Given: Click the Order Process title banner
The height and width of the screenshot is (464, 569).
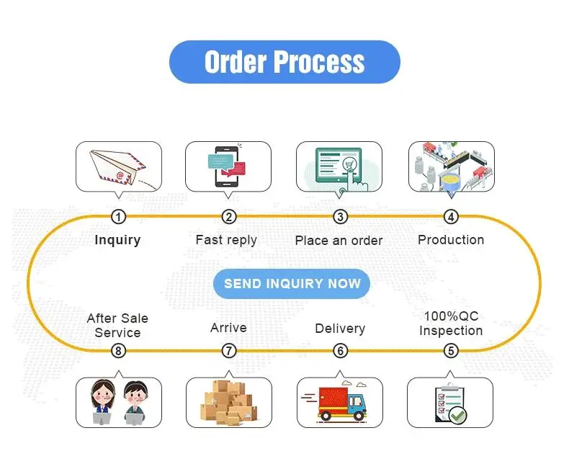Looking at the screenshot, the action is [284, 62].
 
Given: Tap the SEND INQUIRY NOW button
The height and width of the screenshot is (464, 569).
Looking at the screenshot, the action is [292, 283].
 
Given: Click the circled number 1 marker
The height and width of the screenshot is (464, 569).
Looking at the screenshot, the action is [119, 217].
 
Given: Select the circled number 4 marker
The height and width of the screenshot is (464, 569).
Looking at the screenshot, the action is [451, 217].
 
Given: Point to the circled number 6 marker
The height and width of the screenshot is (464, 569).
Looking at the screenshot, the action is [341, 351].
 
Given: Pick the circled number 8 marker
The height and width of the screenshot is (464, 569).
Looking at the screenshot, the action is [119, 351].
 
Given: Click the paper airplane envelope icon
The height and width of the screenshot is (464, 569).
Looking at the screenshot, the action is [119, 166].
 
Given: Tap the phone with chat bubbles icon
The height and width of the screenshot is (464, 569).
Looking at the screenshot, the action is [228, 166].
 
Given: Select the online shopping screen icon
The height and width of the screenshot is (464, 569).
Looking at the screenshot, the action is [340, 166].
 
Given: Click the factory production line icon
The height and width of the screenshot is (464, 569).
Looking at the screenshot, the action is [451, 166].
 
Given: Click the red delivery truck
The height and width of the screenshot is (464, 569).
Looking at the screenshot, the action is [340, 402].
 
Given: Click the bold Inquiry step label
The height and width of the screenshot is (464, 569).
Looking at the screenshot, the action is [117, 240].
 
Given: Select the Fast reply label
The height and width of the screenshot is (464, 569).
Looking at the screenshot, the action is [226, 240].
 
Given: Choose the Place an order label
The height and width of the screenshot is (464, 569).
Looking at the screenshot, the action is [339, 241].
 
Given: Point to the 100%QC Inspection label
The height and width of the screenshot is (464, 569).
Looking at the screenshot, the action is [451, 324].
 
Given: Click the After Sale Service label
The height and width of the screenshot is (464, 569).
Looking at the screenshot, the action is [117, 325].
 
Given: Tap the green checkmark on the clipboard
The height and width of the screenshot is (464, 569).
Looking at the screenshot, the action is [458, 415].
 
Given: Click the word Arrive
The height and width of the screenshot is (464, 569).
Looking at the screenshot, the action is [228, 328].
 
